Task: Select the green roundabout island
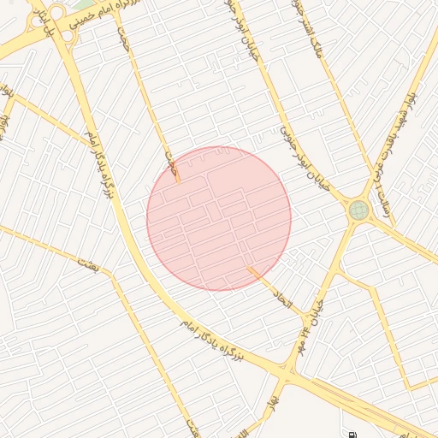358,210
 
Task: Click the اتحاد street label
283,299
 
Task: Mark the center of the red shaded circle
219,219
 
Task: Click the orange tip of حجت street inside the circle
178,181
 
